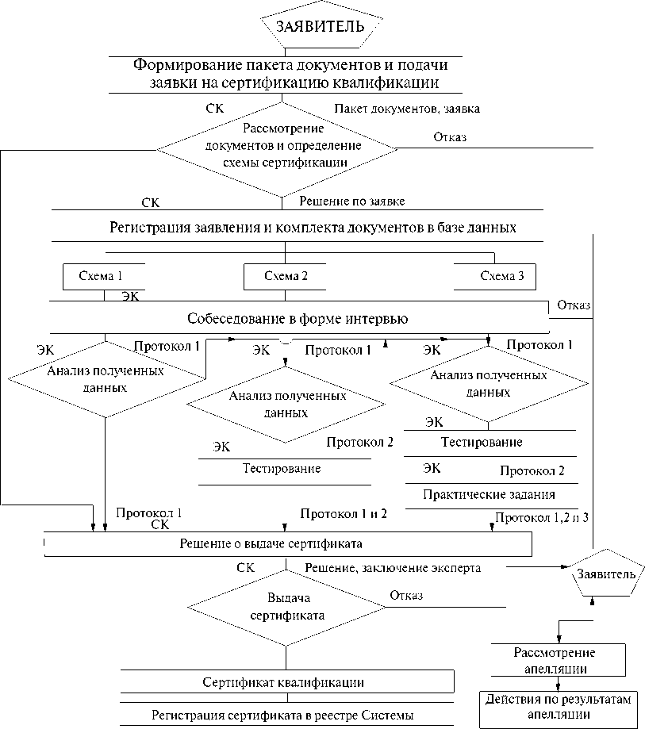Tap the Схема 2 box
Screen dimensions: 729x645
[286, 277]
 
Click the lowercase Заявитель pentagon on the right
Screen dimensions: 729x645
[606, 574]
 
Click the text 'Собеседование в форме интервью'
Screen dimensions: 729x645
[298, 320]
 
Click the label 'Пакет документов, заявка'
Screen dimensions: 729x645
[406, 108]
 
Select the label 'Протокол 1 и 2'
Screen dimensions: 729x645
[344, 513]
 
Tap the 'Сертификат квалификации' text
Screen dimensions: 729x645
[283, 681]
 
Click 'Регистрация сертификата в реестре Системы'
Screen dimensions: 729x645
[283, 716]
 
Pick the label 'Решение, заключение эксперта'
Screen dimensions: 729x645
[393, 568]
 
